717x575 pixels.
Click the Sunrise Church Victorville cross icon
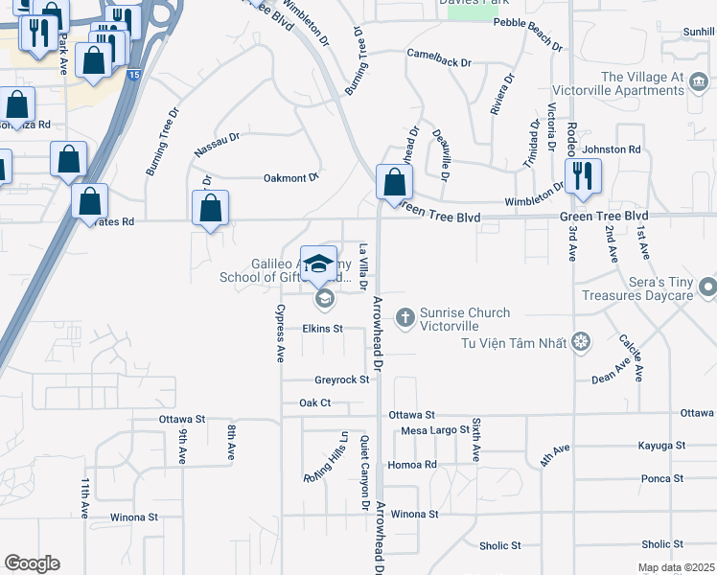tap(405, 315)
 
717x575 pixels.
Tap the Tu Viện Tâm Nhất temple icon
tap(580, 342)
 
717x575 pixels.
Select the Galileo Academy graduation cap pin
tap(318, 264)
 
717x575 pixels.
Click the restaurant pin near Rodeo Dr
tap(583, 176)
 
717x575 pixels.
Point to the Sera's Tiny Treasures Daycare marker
tap(707, 287)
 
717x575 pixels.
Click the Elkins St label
tap(322, 329)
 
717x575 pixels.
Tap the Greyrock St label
tap(341, 380)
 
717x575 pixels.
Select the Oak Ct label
tap(314, 403)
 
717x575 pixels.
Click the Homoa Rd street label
tap(412, 465)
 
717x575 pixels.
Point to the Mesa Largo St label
tap(435, 430)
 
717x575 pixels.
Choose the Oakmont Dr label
tap(290, 177)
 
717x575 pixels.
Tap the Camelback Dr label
tap(439, 62)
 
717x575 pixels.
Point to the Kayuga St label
tap(661, 447)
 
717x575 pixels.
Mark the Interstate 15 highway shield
tap(131, 74)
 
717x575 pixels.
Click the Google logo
tap(32, 563)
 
